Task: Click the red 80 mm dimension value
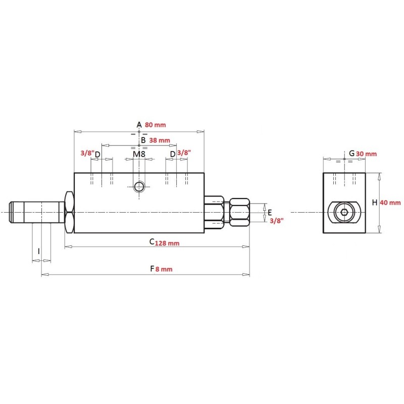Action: (x=156, y=125)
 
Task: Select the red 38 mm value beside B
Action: (x=160, y=140)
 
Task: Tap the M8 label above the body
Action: (x=139, y=154)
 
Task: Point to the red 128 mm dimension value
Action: (x=167, y=243)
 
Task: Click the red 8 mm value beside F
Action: (x=164, y=269)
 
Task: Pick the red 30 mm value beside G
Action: (x=367, y=154)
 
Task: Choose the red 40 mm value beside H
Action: (x=390, y=203)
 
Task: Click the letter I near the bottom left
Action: (x=39, y=251)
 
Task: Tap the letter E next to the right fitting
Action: (x=270, y=213)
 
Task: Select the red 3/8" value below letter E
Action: (x=277, y=221)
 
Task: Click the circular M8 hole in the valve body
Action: (x=139, y=186)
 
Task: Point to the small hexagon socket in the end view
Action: (x=344, y=212)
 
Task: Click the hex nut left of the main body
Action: (x=69, y=212)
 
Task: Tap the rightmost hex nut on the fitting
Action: (x=239, y=212)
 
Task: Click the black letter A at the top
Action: (x=139, y=125)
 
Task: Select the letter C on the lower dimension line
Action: (x=152, y=242)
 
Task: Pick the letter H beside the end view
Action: (x=375, y=203)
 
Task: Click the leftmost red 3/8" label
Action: (x=87, y=153)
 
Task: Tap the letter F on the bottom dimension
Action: (x=153, y=269)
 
